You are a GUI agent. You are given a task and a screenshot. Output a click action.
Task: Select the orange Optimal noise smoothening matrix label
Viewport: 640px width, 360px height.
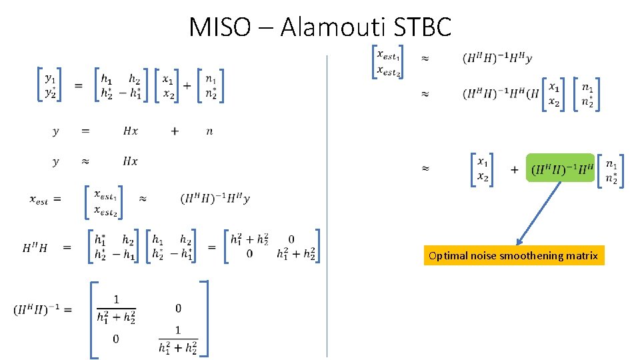coord(513,256)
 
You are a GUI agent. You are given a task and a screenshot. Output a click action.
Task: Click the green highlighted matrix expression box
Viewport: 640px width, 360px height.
coord(560,169)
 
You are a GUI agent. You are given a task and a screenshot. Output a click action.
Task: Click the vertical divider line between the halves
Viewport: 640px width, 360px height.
coord(327,200)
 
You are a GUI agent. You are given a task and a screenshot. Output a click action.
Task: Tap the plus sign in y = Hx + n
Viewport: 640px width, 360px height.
coord(175,131)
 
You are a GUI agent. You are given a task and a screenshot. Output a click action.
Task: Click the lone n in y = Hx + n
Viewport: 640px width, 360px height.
coord(209,131)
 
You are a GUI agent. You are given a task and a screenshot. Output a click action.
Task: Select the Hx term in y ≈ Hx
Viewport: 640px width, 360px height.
coord(131,161)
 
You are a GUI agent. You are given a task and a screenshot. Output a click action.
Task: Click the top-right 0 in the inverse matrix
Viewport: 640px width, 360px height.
coord(178,308)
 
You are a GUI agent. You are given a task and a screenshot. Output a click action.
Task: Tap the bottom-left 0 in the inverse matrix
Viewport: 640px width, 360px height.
coord(117,339)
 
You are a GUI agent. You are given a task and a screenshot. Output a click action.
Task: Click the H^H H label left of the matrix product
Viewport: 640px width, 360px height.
coord(35,248)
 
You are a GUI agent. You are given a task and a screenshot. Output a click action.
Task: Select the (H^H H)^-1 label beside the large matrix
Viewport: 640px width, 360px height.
coord(42,310)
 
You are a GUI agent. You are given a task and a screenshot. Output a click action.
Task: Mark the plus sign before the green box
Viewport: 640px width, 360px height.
coord(515,170)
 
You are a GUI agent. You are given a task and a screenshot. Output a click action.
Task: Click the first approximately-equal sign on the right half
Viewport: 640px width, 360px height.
coord(425,59)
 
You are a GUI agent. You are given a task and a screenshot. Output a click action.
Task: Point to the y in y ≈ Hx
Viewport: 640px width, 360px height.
coord(55,162)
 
